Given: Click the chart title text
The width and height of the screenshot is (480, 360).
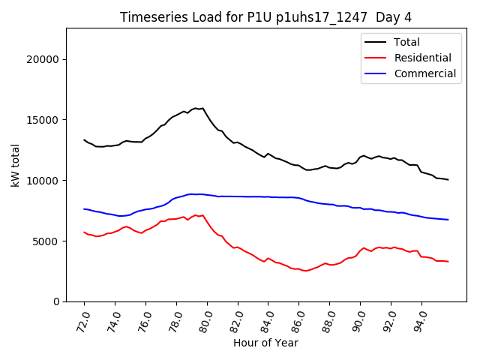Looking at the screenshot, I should pos(265,17).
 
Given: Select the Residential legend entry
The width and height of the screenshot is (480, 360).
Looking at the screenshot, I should pos(421,58).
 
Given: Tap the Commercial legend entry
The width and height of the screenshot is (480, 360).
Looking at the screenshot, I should pos(424,73).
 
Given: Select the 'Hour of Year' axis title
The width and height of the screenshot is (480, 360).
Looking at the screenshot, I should pos(265,343).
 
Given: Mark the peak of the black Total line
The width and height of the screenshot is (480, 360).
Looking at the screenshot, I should pos(196,108).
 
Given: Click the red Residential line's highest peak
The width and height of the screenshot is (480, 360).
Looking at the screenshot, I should pos(196,215).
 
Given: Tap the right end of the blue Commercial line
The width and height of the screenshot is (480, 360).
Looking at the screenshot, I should pos(448,220).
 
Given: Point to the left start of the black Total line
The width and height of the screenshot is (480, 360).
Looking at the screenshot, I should pos(84,139).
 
